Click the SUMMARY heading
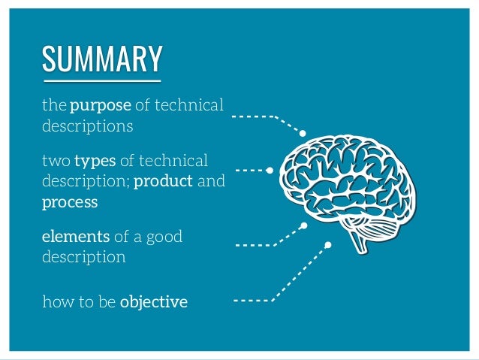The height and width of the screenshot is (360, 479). click(102, 58)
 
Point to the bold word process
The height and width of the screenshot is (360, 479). click(70, 203)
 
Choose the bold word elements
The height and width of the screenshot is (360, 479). click(76, 237)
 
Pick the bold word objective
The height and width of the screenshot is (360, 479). click(154, 303)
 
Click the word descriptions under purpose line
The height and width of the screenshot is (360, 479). click(88, 126)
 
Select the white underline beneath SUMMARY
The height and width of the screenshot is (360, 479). click(102, 77)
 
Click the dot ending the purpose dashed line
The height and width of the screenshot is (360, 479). click(303, 133)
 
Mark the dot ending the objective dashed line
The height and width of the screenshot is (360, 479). click(328, 244)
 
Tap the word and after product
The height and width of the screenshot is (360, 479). click(211, 182)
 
